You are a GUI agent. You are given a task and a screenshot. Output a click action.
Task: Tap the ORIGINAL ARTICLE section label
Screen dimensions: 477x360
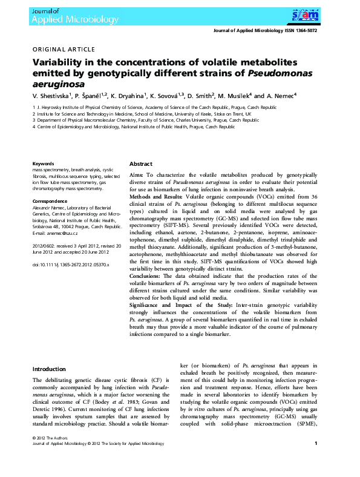(x=64, y=49)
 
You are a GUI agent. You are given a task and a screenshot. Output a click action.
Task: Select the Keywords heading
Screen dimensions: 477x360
(x=44, y=163)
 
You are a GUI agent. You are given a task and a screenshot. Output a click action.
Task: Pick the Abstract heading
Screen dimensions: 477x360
(x=141, y=164)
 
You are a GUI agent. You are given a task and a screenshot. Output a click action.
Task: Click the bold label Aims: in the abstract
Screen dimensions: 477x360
(x=137, y=174)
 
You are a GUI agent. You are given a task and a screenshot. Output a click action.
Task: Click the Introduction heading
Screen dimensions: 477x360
(x=49, y=369)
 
